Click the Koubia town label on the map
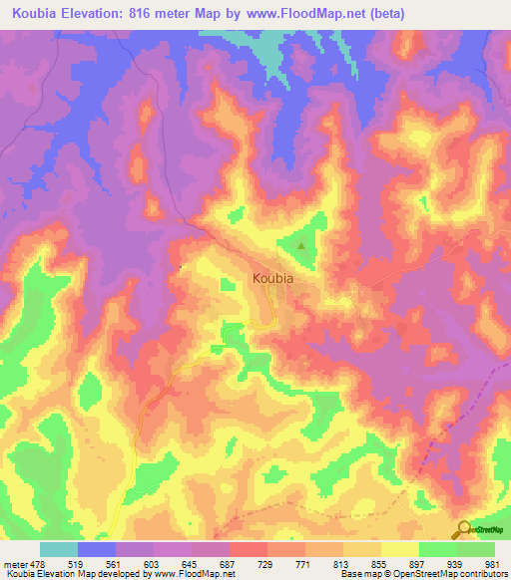pyautogui.click(x=272, y=279)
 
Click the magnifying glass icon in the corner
pyautogui.click(x=462, y=528)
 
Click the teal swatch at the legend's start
pyautogui.click(x=58, y=549)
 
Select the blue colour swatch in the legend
pyautogui.click(x=96, y=549)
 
